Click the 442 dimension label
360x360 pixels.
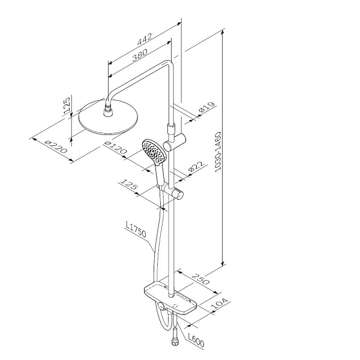pyautogui.click(x=145, y=39)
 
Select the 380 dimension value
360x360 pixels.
pyautogui.click(x=140, y=55)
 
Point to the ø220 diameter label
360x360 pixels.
pyautogui.click(x=56, y=147)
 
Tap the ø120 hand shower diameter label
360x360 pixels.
pyautogui.click(x=115, y=148)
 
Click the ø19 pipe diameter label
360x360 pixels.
pyautogui.click(x=207, y=107)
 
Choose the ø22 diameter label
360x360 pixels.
pyautogui.click(x=196, y=166)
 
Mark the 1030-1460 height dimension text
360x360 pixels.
pyautogui.click(x=218, y=152)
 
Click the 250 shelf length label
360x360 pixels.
pyautogui.click(x=200, y=279)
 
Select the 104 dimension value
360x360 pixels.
pyautogui.click(x=219, y=304)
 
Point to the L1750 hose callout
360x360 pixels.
pyautogui.click(x=136, y=229)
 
